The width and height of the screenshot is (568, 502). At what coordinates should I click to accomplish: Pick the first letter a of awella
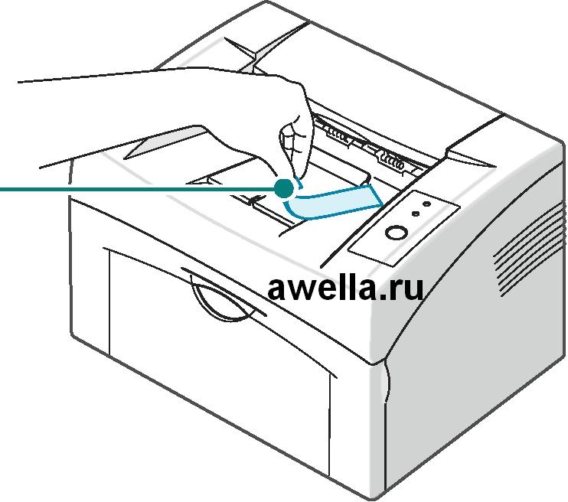point(278,288)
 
